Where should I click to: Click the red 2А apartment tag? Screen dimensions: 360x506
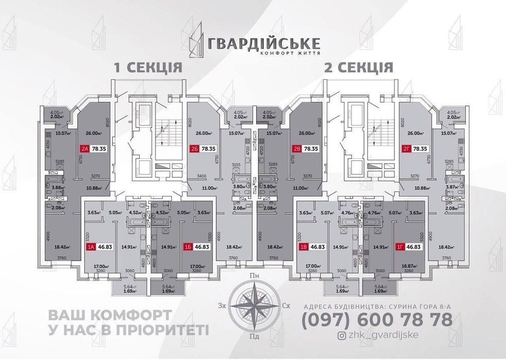(84, 149)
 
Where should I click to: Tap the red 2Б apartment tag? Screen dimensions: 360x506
(195, 149)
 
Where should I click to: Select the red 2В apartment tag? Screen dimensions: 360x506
(297, 149)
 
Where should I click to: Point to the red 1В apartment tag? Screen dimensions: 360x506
(304, 247)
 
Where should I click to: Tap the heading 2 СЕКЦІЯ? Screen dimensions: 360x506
(359, 67)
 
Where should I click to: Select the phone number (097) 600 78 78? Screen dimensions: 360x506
(377, 320)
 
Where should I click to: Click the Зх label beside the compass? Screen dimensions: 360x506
(223, 305)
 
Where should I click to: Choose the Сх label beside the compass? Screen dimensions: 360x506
(286, 305)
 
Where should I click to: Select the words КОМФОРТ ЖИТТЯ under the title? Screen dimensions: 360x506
(291, 53)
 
